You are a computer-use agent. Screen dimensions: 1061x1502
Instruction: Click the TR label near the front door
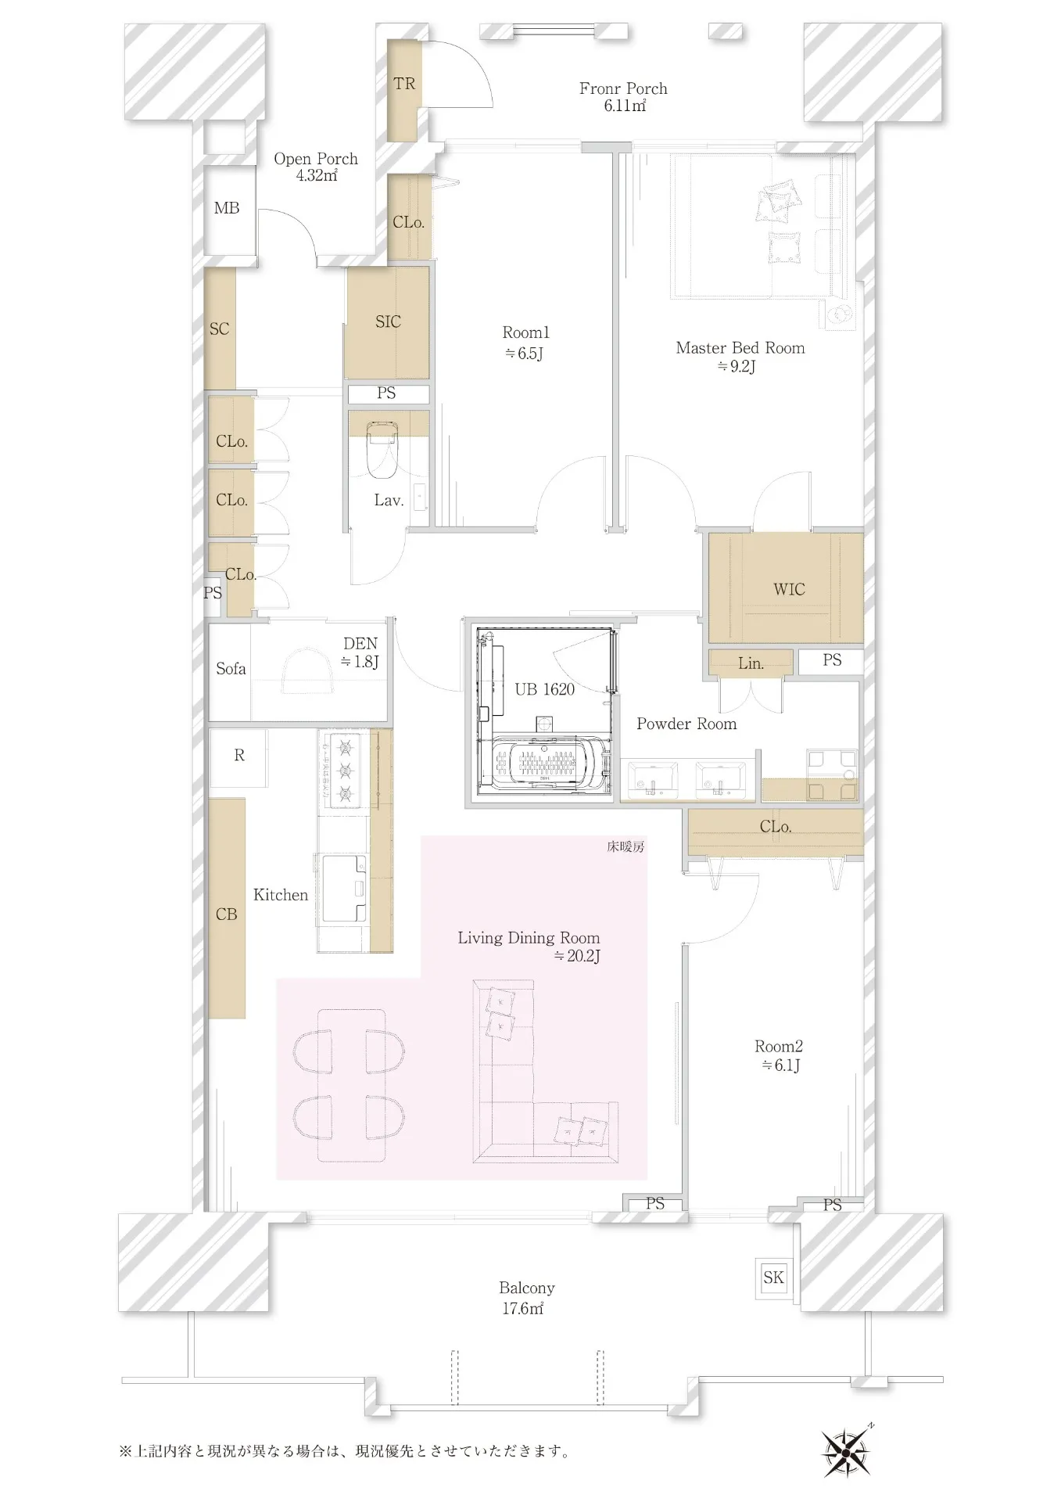404,84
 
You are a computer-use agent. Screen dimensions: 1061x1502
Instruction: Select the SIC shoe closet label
388,322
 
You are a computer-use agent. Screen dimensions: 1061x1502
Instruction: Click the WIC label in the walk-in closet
789,590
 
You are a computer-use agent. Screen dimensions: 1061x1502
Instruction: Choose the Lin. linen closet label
751,663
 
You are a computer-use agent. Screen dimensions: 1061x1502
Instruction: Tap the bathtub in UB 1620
547,763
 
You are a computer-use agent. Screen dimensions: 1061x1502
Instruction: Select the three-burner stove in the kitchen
344,771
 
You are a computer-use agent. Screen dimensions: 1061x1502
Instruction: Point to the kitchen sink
344,888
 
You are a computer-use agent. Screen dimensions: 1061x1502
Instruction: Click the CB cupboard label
226,914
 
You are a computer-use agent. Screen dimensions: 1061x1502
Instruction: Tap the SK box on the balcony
773,1277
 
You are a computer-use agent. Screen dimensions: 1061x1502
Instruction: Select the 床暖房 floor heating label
625,846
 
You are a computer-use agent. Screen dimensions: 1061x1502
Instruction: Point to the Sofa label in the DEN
231,669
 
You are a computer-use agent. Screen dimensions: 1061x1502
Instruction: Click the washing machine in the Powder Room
832,774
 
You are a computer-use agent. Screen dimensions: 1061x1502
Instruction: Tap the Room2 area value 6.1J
780,1065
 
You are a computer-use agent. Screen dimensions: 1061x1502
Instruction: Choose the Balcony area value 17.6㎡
522,1308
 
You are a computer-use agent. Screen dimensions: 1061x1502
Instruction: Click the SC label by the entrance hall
219,329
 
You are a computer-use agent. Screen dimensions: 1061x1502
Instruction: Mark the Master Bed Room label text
740,348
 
